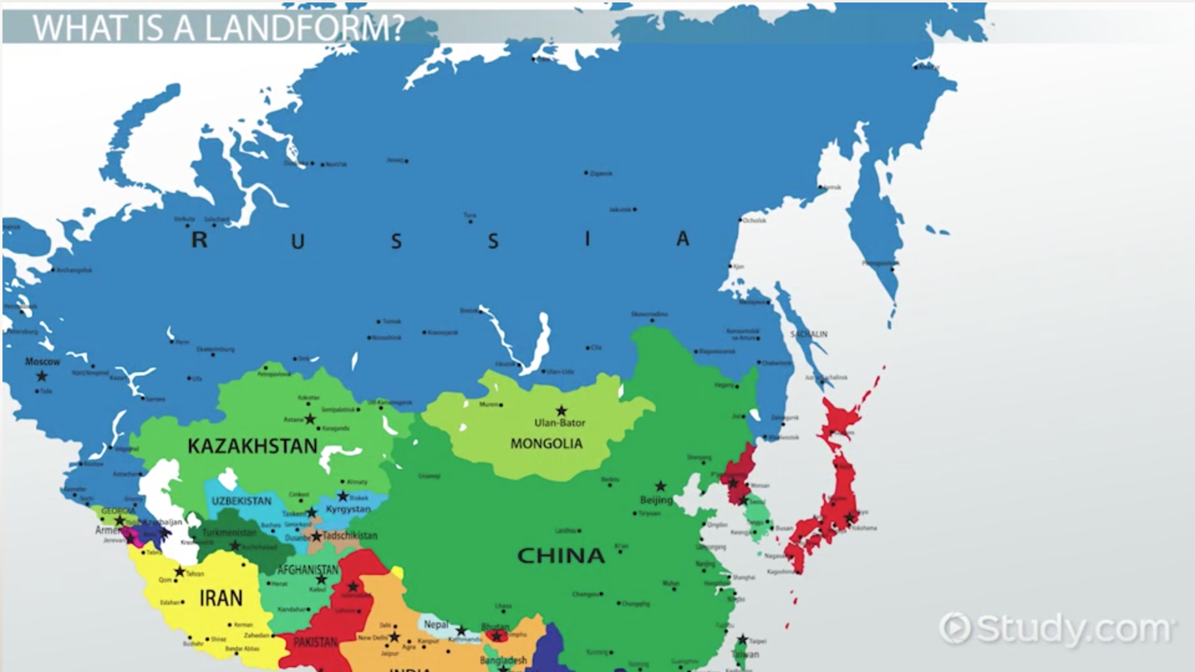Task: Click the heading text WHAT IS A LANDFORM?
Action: (218, 28)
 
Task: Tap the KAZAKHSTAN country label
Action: (252, 446)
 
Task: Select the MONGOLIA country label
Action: (546, 444)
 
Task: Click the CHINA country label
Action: (561, 556)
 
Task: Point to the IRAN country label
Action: (220, 599)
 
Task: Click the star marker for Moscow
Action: (42, 376)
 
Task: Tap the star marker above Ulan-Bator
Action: (561, 411)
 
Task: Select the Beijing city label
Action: (656, 500)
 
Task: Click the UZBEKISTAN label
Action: (241, 501)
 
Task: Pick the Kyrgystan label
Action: (348, 509)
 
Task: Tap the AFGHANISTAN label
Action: (308, 570)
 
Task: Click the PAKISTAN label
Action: (315, 642)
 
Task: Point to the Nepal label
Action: (436, 624)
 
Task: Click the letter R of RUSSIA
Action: (199, 240)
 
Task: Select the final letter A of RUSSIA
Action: (683, 239)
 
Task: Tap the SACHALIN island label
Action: (808, 334)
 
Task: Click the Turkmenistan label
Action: (229, 533)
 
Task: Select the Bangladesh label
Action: (503, 660)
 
